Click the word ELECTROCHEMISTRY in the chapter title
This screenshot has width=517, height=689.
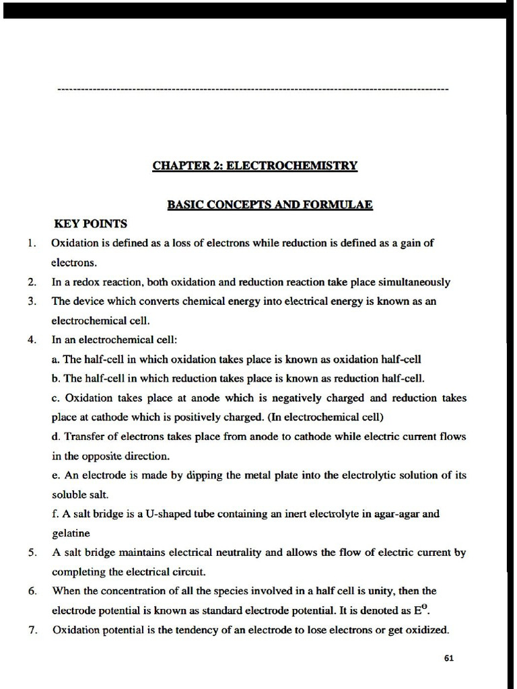tap(291, 166)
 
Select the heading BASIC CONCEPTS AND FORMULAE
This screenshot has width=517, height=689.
tap(270, 205)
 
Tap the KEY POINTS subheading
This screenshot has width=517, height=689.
tap(90, 223)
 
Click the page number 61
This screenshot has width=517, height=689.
tap(449, 658)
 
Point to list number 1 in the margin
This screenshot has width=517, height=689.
tap(32, 243)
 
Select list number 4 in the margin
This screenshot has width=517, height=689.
tap(32, 339)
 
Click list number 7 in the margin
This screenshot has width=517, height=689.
tap(32, 630)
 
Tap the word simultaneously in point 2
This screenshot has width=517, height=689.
tap(416, 282)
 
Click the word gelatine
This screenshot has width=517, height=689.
tap(71, 533)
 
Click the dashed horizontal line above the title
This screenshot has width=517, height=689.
tap(253, 89)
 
